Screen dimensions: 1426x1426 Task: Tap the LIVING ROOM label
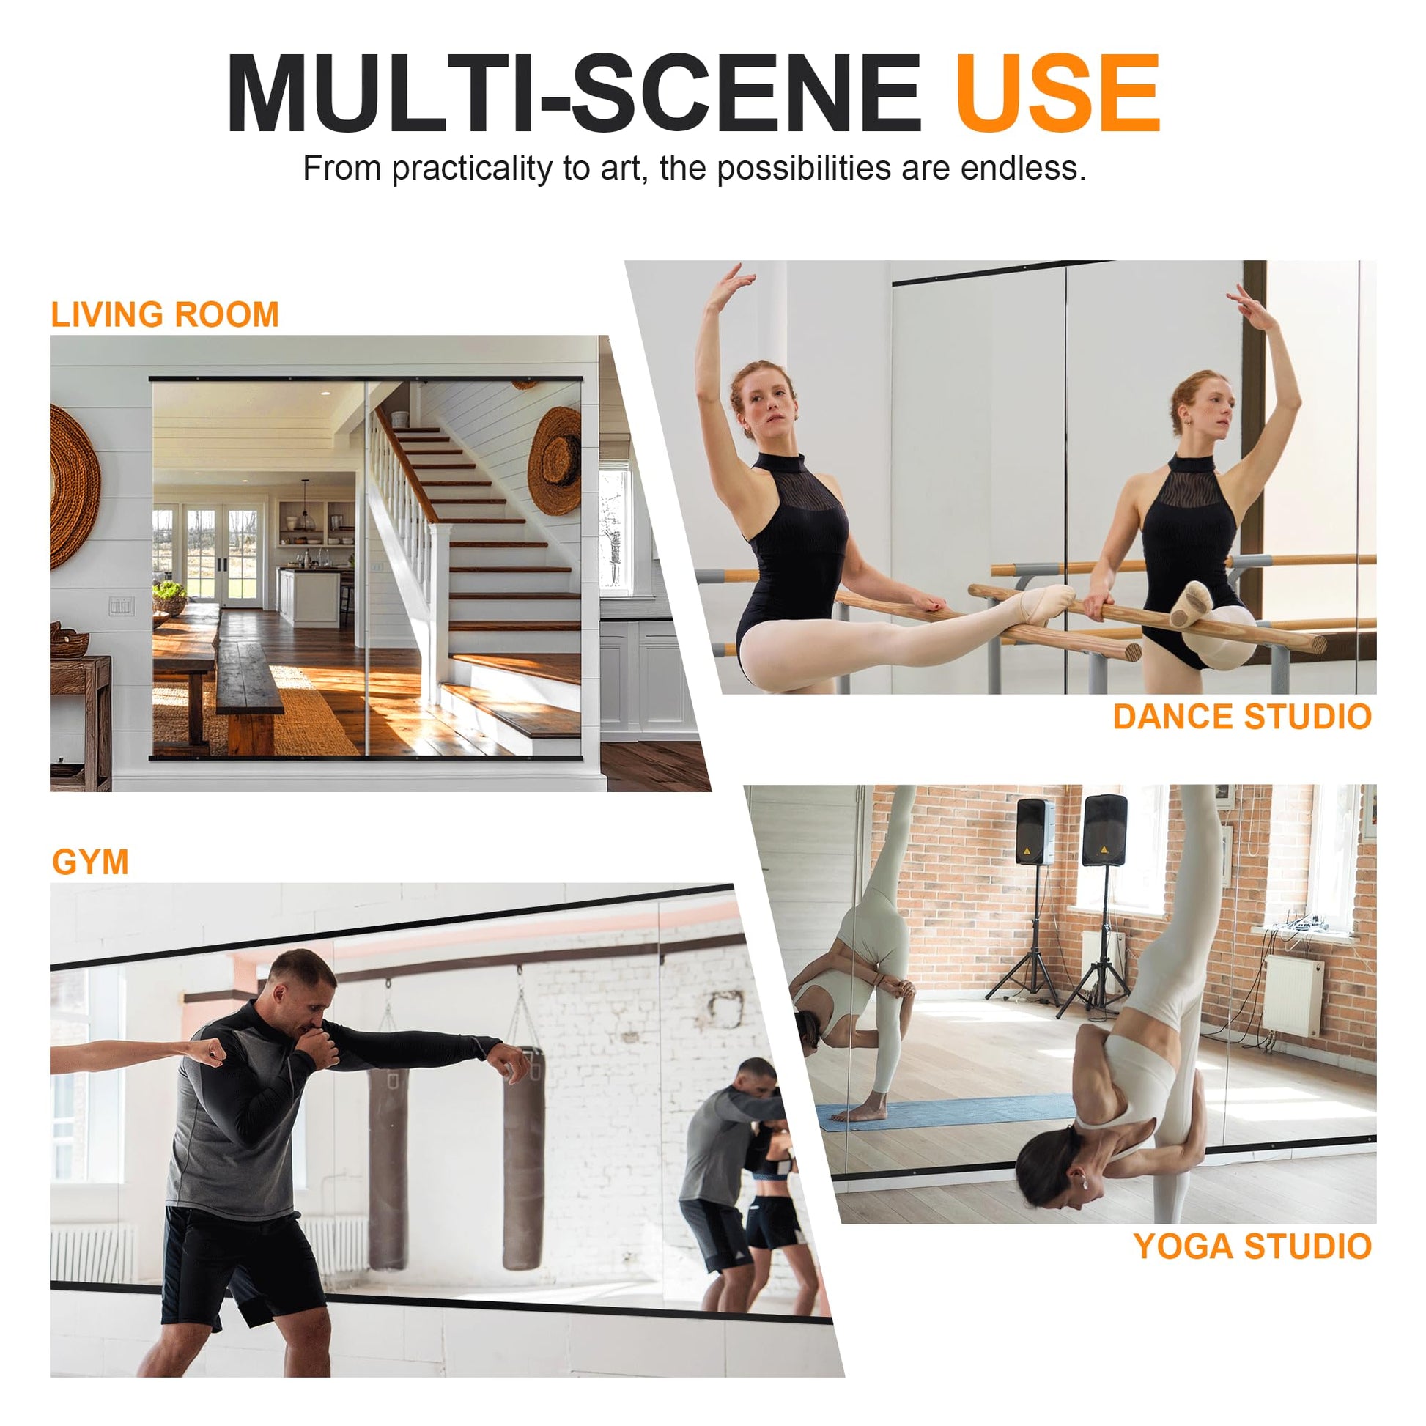point(166,314)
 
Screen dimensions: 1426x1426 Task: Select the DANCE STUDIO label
point(1242,717)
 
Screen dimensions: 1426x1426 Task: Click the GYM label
point(91,862)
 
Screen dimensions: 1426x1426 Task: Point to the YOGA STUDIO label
point(1252,1246)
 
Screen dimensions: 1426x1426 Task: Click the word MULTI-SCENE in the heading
point(575,94)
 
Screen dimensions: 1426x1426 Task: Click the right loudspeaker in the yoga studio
point(1104,830)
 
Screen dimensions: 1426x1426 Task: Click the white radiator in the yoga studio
point(1293,994)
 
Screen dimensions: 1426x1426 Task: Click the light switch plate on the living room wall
point(121,606)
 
